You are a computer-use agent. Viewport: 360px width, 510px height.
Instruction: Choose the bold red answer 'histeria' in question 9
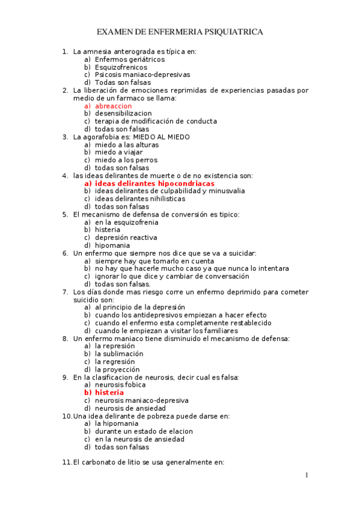[x=109, y=392]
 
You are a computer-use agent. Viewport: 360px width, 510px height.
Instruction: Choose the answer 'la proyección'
[x=117, y=369]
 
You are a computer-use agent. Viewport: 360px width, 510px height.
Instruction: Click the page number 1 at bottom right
[x=306, y=476]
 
